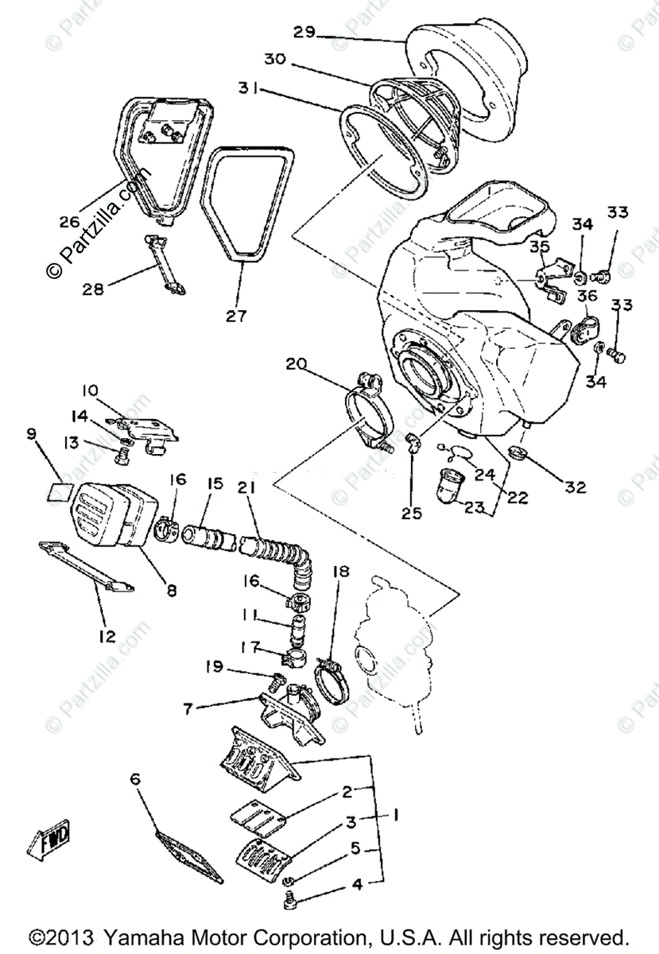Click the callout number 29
(x=304, y=33)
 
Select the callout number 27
(x=235, y=316)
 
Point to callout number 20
(x=295, y=365)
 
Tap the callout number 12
(x=107, y=636)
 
